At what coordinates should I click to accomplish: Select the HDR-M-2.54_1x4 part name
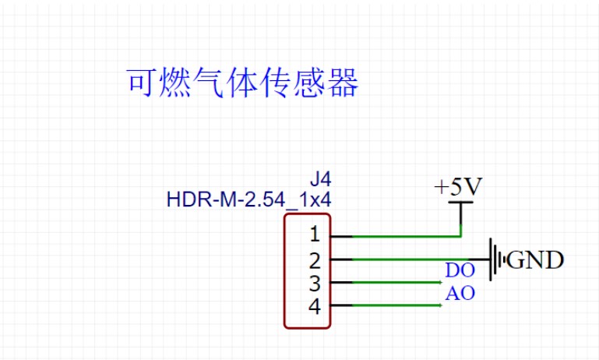click(x=248, y=199)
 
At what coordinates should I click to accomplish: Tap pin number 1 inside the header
click(x=314, y=235)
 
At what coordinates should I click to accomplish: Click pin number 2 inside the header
click(x=314, y=259)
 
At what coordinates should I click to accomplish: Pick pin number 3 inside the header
click(x=314, y=282)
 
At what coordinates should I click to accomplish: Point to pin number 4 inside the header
click(x=314, y=306)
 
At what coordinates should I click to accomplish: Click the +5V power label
click(x=459, y=188)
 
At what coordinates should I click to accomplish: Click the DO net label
click(x=460, y=271)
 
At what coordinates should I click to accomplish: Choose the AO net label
click(x=460, y=295)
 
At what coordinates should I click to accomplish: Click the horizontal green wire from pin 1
click(x=397, y=235)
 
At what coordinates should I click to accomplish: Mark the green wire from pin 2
click(x=405, y=259)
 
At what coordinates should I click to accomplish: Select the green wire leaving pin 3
click(x=389, y=282)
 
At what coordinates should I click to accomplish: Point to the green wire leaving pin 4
click(x=389, y=305)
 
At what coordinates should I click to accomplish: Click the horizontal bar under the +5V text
click(x=461, y=203)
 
